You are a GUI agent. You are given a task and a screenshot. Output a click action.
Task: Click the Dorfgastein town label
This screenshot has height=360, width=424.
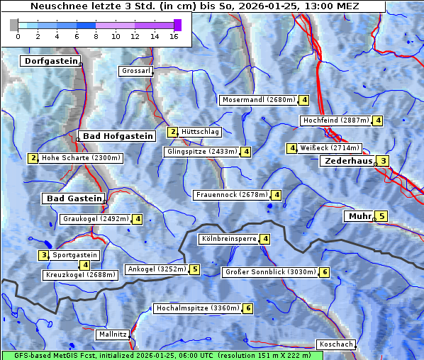click(50, 62)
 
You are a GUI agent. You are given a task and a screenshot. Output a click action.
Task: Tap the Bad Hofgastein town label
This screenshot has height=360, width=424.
click(117, 136)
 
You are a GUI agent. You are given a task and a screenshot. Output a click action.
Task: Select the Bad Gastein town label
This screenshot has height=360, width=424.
click(74, 198)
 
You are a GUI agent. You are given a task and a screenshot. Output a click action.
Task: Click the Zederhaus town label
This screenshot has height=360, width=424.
click(347, 162)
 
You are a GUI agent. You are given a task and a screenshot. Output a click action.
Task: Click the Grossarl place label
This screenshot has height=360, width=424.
click(135, 72)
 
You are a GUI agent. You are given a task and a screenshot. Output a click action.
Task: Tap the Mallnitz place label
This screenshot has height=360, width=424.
click(113, 334)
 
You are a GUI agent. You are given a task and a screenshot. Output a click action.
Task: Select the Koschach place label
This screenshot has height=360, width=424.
click(336, 344)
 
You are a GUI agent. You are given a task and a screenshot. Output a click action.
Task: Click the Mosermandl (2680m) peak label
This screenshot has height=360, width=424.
click(259, 100)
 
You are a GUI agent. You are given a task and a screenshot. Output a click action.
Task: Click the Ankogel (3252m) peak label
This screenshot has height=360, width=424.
click(156, 269)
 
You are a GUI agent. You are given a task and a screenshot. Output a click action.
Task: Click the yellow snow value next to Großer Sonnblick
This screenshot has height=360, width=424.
click(325, 272)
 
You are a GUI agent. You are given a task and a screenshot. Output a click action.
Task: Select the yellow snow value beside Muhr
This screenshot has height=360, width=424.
click(381, 217)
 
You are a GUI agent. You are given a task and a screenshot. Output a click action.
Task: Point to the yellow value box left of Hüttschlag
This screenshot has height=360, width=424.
click(172, 132)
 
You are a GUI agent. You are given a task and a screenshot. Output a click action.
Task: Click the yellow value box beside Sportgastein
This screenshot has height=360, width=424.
click(44, 255)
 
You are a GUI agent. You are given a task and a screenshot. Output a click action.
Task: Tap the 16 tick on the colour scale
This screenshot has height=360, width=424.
click(173, 36)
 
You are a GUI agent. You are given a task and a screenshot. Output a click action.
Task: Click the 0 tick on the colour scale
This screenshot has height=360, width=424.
click(18, 36)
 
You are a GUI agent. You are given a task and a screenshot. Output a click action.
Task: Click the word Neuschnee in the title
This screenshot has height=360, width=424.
click(55, 6)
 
